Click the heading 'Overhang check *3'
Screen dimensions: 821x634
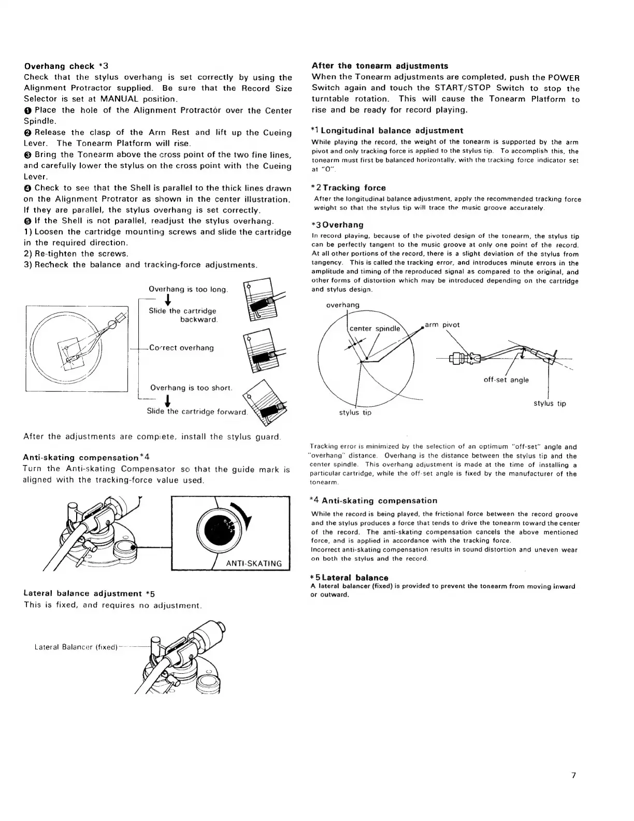66,66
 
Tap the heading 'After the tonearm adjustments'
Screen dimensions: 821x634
380,66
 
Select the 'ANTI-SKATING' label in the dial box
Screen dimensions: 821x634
255,563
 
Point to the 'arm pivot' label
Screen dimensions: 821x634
442,325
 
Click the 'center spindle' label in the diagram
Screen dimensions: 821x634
374,329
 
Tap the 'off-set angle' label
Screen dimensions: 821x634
506,380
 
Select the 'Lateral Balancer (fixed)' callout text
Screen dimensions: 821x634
76,647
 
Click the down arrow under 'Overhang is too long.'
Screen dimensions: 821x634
168,301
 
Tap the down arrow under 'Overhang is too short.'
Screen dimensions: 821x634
168,401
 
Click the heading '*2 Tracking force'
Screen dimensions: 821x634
348,188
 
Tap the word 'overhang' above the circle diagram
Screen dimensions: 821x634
342,305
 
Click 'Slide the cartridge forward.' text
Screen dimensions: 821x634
197,412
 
